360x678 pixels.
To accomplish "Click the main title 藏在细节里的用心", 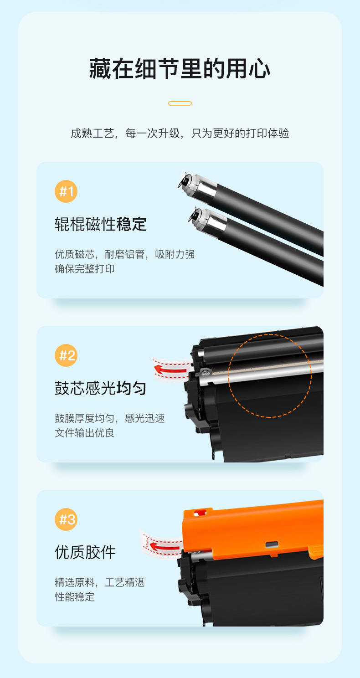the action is [x=180, y=69].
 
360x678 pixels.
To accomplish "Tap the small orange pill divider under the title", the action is [x=180, y=103].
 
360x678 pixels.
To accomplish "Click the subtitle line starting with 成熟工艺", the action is [x=180, y=133].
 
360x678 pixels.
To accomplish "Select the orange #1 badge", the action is [x=66, y=191].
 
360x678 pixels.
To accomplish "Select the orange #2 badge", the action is [x=66, y=355].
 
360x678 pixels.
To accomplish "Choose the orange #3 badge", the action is [x=66, y=519].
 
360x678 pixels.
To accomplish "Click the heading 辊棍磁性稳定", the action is [x=101, y=224].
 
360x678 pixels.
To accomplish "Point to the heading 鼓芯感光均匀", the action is [x=101, y=388].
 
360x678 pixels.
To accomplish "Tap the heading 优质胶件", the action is [x=85, y=552].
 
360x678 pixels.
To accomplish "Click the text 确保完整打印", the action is [x=84, y=269].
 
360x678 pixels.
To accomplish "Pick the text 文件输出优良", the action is [x=84, y=433].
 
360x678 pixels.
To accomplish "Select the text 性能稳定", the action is [x=74, y=597].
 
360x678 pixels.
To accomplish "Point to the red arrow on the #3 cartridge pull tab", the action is [x=165, y=547].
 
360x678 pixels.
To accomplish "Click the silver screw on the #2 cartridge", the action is [x=206, y=372].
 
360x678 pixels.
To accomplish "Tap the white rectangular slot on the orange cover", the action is [x=272, y=544].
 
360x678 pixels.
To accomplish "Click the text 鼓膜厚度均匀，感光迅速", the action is [x=110, y=418].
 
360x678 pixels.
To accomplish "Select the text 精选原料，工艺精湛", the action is [x=100, y=582].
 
